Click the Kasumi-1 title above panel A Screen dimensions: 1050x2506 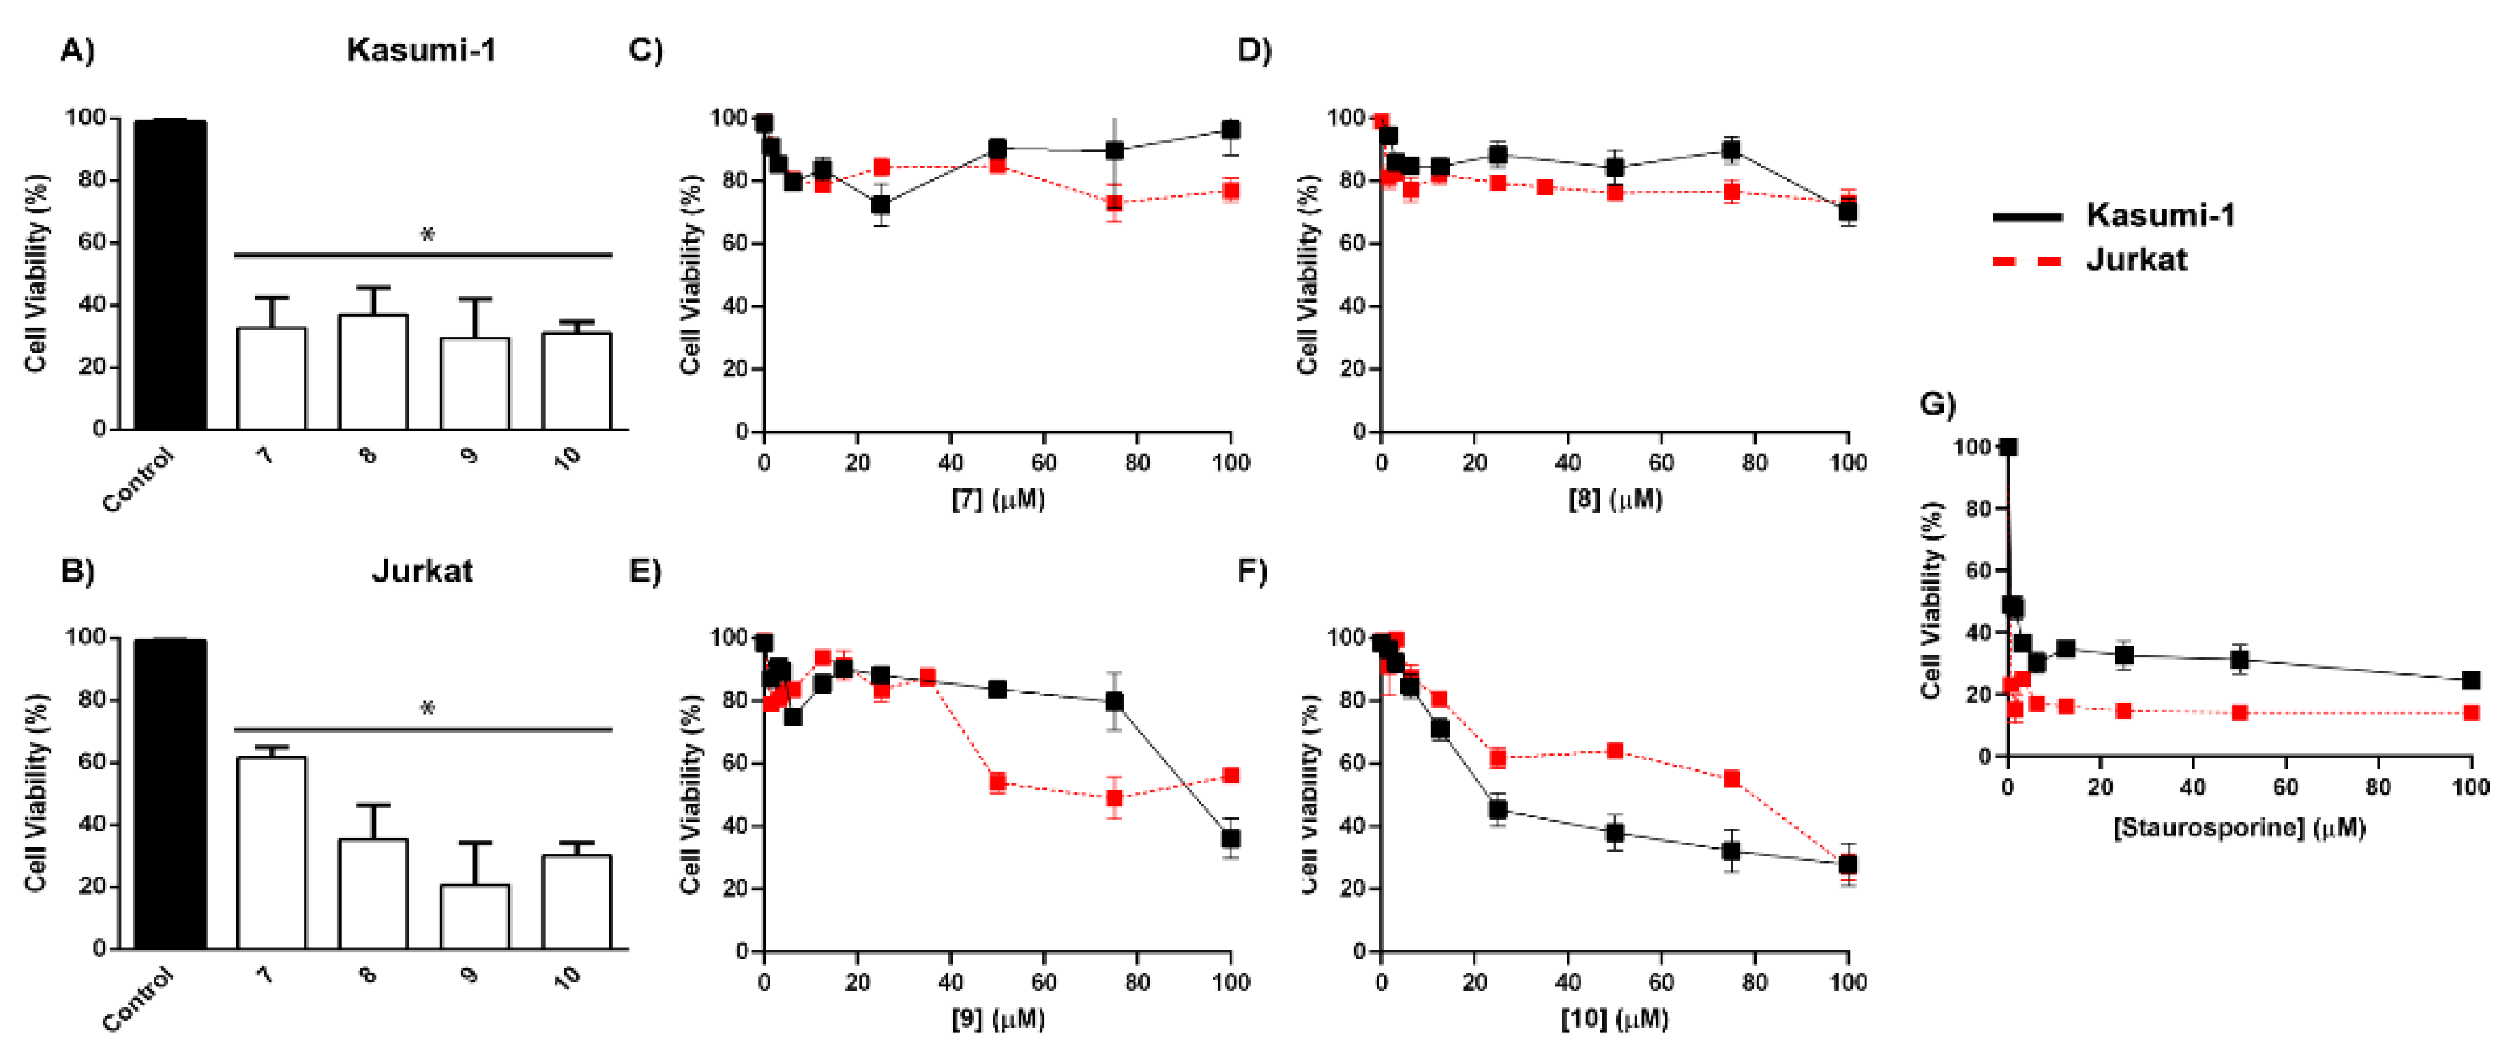pos(421,50)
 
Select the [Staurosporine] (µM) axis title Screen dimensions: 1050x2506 pos(2239,828)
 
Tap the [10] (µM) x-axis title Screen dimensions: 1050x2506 pos(1615,1019)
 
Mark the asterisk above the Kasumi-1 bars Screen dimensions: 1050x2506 pos(427,234)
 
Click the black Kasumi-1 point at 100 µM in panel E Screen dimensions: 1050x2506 pos(1231,838)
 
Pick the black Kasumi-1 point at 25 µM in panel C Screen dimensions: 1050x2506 pos(881,205)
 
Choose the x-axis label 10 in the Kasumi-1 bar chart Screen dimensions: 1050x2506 pos(567,458)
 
